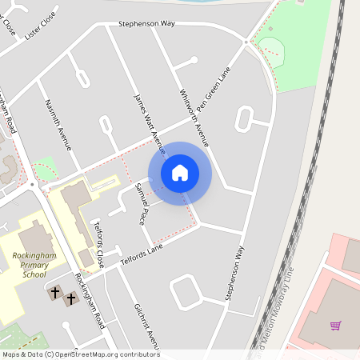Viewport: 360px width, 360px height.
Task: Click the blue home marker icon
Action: pyautogui.click(x=180, y=172)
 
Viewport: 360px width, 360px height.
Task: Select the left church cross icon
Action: pyautogui.click(x=55, y=294)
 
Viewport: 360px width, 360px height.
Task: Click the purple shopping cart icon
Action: pyautogui.click(x=336, y=326)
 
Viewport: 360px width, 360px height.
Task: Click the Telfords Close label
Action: pyautogui.click(x=99, y=244)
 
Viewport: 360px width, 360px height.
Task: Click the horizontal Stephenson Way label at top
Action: pyautogui.click(x=146, y=24)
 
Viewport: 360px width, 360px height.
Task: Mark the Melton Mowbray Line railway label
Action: pyautogui.click(x=274, y=316)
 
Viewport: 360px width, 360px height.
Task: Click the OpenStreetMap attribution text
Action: pyautogui.click(x=80, y=354)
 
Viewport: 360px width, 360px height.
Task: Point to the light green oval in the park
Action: pyautogui.click(x=271, y=40)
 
